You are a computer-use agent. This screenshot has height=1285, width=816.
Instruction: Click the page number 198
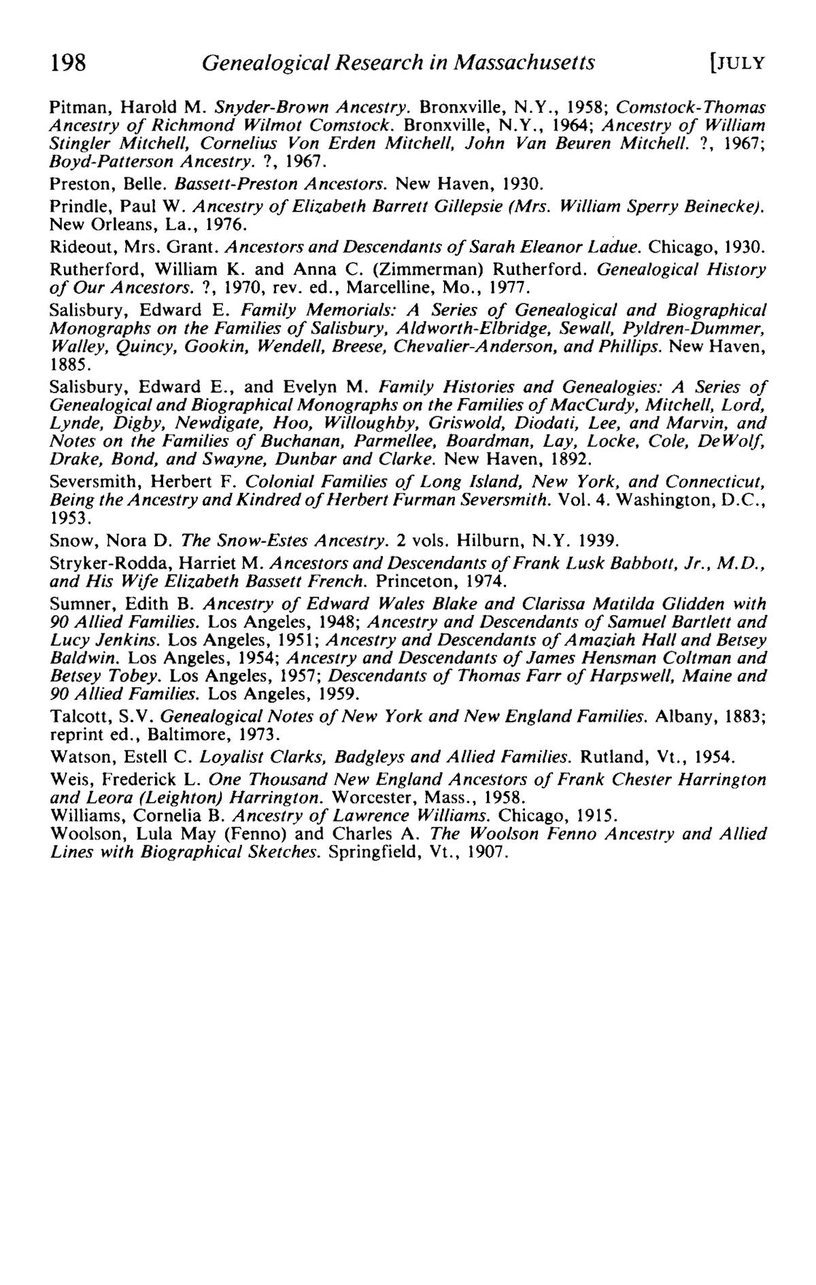(68, 63)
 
